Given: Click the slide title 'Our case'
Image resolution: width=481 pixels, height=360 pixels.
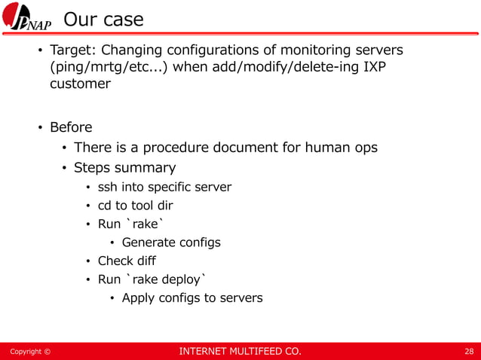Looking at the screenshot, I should coord(103,20).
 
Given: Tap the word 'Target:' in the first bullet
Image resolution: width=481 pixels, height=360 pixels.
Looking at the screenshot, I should coord(72,50).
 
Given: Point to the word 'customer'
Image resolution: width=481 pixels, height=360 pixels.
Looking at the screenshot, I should coord(80,84).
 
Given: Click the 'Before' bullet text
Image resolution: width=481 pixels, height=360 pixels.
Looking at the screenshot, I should coord(71,127).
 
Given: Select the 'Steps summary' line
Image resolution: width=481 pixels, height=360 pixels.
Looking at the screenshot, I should coord(124,167).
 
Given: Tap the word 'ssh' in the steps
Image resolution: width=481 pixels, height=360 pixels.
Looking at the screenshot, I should coord(109,187).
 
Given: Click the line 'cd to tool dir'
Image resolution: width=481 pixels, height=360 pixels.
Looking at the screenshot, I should coord(139,206).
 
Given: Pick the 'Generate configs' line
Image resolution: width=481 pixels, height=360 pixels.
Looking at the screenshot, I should coord(171,243).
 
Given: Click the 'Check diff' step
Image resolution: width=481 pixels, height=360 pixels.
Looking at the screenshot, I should coord(127,261).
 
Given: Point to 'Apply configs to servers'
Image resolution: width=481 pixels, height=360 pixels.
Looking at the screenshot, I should coord(192,297).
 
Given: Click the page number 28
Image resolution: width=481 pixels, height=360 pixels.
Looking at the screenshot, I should coord(468,352).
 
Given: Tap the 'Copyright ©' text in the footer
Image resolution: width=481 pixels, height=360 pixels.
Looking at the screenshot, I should coord(29,352).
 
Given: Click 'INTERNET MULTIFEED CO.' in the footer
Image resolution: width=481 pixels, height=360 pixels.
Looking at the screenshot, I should coord(239,352).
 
